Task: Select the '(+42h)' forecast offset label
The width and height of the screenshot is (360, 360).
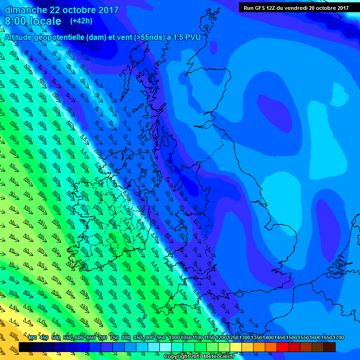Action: (81, 21)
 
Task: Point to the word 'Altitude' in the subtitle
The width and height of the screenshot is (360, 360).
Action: (21, 37)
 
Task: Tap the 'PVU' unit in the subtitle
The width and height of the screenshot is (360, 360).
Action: (192, 37)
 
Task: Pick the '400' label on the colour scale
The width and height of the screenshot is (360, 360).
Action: (32, 338)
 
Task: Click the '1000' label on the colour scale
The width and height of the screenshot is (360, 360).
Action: (174, 338)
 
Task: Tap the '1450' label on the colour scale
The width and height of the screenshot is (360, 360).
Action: (269, 338)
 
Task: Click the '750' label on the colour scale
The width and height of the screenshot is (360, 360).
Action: (115, 338)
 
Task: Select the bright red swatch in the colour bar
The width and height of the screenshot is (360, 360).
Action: (283, 347)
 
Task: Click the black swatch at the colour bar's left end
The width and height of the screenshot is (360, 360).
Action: (25, 347)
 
